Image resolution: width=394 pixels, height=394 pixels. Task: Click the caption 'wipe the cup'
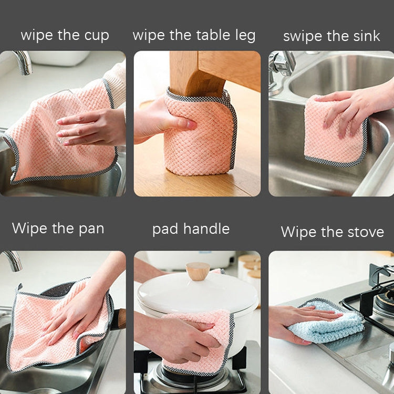point(65,35)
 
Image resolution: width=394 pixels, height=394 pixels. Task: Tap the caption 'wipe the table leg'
point(194,35)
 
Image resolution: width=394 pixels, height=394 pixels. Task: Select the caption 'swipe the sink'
point(331,36)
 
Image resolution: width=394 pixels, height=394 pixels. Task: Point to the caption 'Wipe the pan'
point(58,228)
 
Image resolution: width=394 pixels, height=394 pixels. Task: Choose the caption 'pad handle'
point(191,229)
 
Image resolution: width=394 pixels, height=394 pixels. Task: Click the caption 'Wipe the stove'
point(332,232)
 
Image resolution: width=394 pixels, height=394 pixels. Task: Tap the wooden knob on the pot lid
point(198,271)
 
